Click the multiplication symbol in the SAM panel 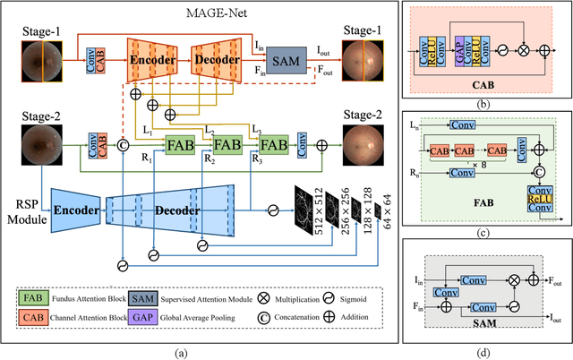(513, 280)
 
